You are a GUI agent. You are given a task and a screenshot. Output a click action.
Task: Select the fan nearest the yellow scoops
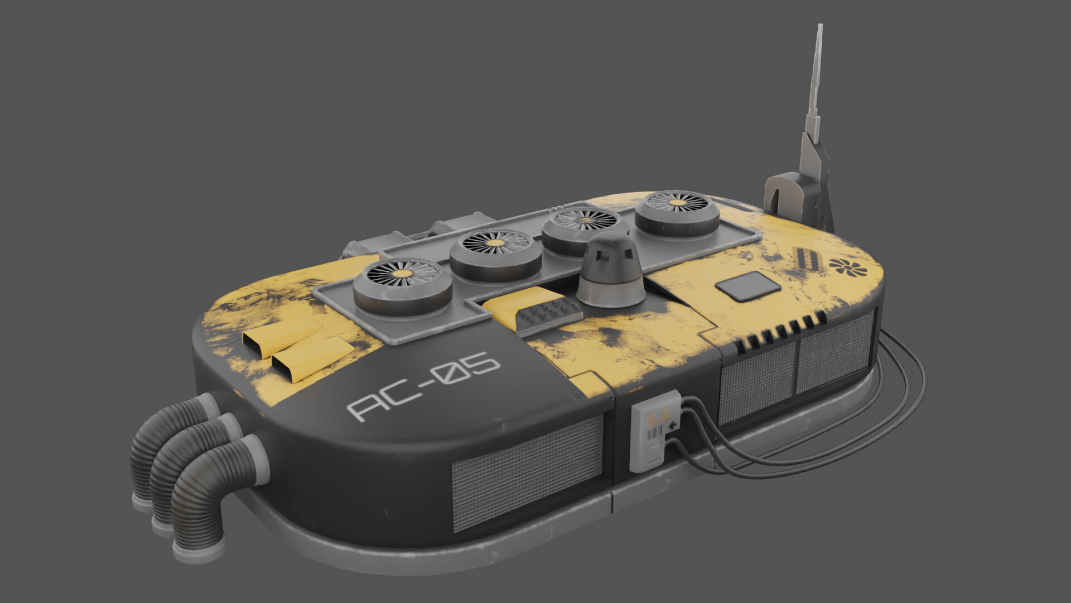(402, 286)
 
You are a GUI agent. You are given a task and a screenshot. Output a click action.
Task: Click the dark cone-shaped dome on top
(610, 274)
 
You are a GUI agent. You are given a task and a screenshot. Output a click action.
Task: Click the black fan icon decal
(848, 267)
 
